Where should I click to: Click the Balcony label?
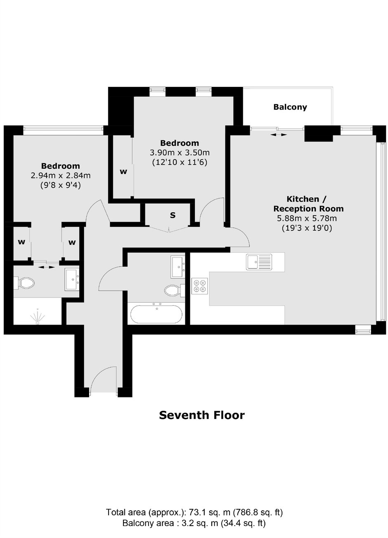(290, 107)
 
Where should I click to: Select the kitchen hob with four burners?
(199, 286)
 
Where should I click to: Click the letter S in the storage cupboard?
(173, 215)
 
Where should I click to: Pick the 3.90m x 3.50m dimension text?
(180, 153)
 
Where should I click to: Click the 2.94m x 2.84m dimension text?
(61, 176)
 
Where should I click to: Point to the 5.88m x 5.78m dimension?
(307, 219)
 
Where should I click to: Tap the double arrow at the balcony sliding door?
(278, 135)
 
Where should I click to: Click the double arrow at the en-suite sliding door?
(46, 267)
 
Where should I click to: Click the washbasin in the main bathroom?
(177, 267)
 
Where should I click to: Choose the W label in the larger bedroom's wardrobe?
(123, 172)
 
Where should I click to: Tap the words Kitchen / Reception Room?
(308, 204)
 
